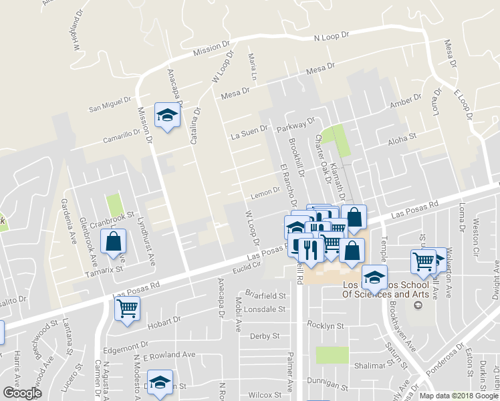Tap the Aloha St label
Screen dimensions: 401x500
402,138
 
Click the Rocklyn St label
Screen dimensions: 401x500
325,326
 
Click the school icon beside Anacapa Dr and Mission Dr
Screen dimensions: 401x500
167,116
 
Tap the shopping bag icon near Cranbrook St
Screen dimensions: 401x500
113,241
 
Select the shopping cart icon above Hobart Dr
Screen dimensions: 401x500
127,308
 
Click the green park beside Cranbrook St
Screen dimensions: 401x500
115,206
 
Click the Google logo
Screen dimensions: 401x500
22,393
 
